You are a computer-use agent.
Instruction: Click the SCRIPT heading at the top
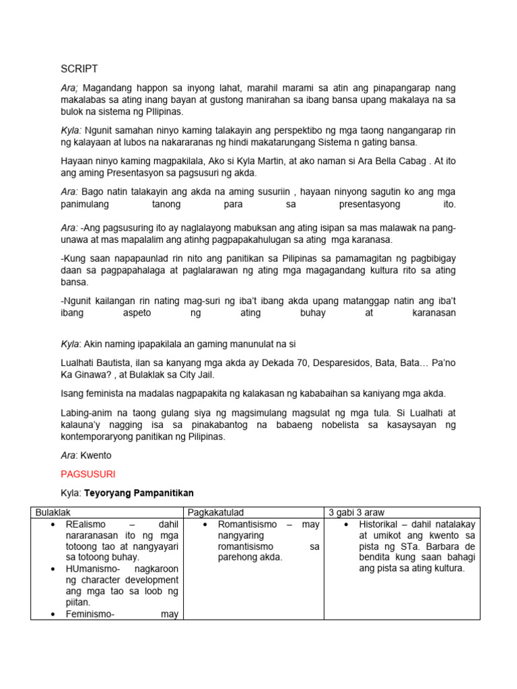coord(79,69)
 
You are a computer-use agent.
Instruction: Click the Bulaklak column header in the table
coord(52,513)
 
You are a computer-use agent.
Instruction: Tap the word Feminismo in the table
coord(92,613)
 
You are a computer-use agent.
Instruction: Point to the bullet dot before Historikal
coord(345,524)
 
